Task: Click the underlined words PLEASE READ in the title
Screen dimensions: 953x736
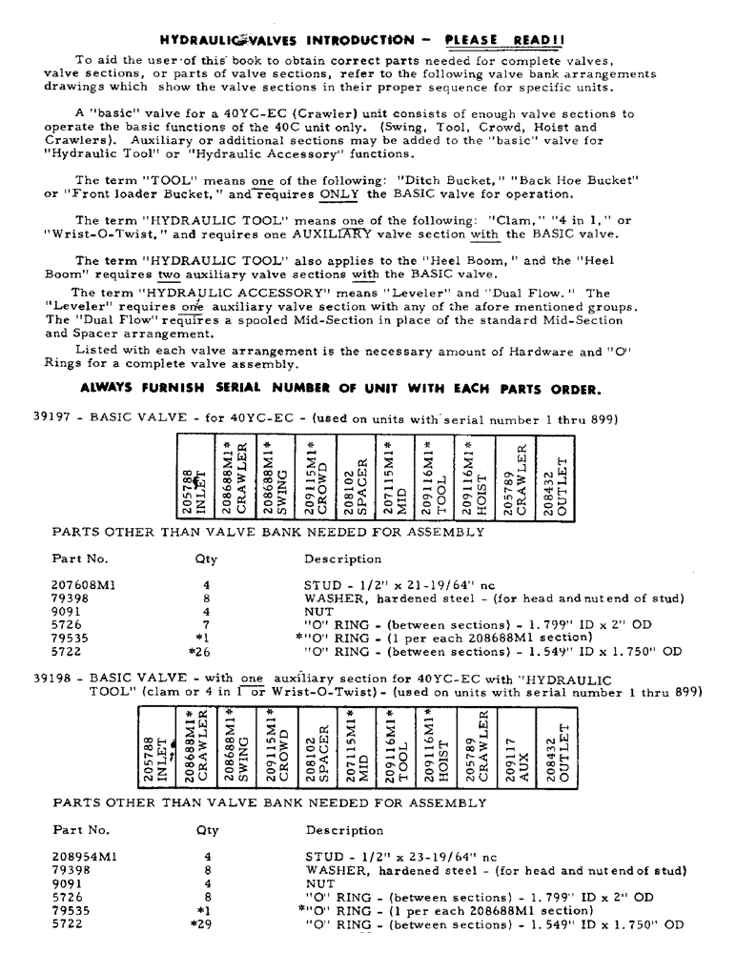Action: click(x=509, y=39)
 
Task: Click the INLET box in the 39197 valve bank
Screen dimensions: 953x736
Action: click(x=194, y=475)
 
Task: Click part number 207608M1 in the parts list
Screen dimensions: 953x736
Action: click(x=82, y=585)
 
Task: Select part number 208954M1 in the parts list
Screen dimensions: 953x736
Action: click(x=84, y=856)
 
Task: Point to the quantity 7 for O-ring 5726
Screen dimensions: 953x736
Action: click(x=206, y=625)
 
